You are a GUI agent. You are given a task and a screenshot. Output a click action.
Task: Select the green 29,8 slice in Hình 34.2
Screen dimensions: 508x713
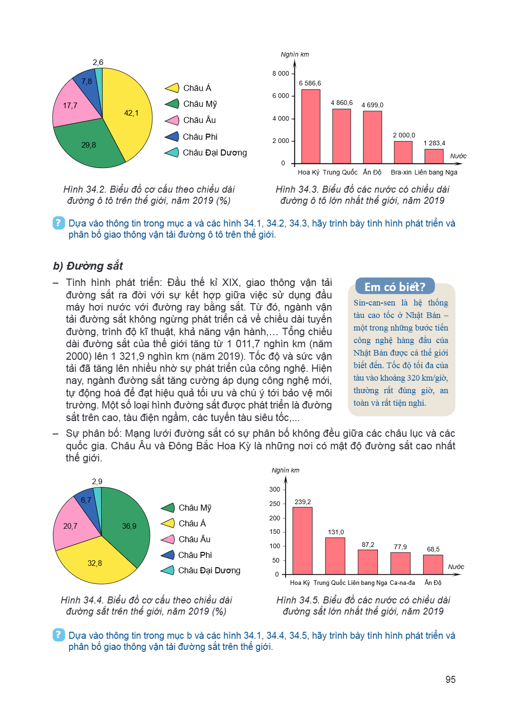tap(88, 145)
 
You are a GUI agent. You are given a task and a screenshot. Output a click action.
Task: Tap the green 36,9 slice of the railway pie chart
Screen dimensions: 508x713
tap(127, 525)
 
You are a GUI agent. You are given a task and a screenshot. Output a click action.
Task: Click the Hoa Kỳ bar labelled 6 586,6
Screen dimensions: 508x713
tap(311, 126)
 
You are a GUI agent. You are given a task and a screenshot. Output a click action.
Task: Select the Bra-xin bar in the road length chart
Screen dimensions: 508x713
tap(403, 152)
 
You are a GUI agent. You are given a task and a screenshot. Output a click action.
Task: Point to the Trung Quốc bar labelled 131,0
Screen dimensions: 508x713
tap(335, 556)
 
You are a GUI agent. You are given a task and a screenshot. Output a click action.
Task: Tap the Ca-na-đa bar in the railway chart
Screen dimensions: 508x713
tap(400, 564)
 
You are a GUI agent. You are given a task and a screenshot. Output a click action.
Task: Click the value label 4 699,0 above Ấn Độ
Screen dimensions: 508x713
tap(372, 105)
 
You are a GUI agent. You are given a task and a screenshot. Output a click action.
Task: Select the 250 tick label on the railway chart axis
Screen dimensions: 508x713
tap(274, 504)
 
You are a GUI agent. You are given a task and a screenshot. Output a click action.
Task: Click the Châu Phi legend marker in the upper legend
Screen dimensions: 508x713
tap(172, 136)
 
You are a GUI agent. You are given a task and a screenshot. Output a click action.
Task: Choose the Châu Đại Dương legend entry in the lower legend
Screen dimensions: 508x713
tap(201, 570)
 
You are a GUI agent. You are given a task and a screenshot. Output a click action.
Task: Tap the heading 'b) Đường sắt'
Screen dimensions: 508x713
tap(88, 266)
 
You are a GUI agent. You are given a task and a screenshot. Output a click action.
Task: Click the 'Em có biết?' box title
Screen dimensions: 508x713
tap(395, 286)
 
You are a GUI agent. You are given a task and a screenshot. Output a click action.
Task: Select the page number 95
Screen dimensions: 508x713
tap(450, 679)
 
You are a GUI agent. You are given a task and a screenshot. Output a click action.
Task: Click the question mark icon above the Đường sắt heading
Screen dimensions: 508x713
tap(59, 223)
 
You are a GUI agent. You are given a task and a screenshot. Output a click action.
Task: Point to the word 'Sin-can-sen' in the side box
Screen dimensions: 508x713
tap(374, 303)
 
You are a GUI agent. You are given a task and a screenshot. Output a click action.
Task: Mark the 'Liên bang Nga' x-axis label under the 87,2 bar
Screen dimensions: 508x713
tap(367, 583)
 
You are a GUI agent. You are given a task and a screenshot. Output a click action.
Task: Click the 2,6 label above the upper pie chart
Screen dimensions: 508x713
tap(98, 62)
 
